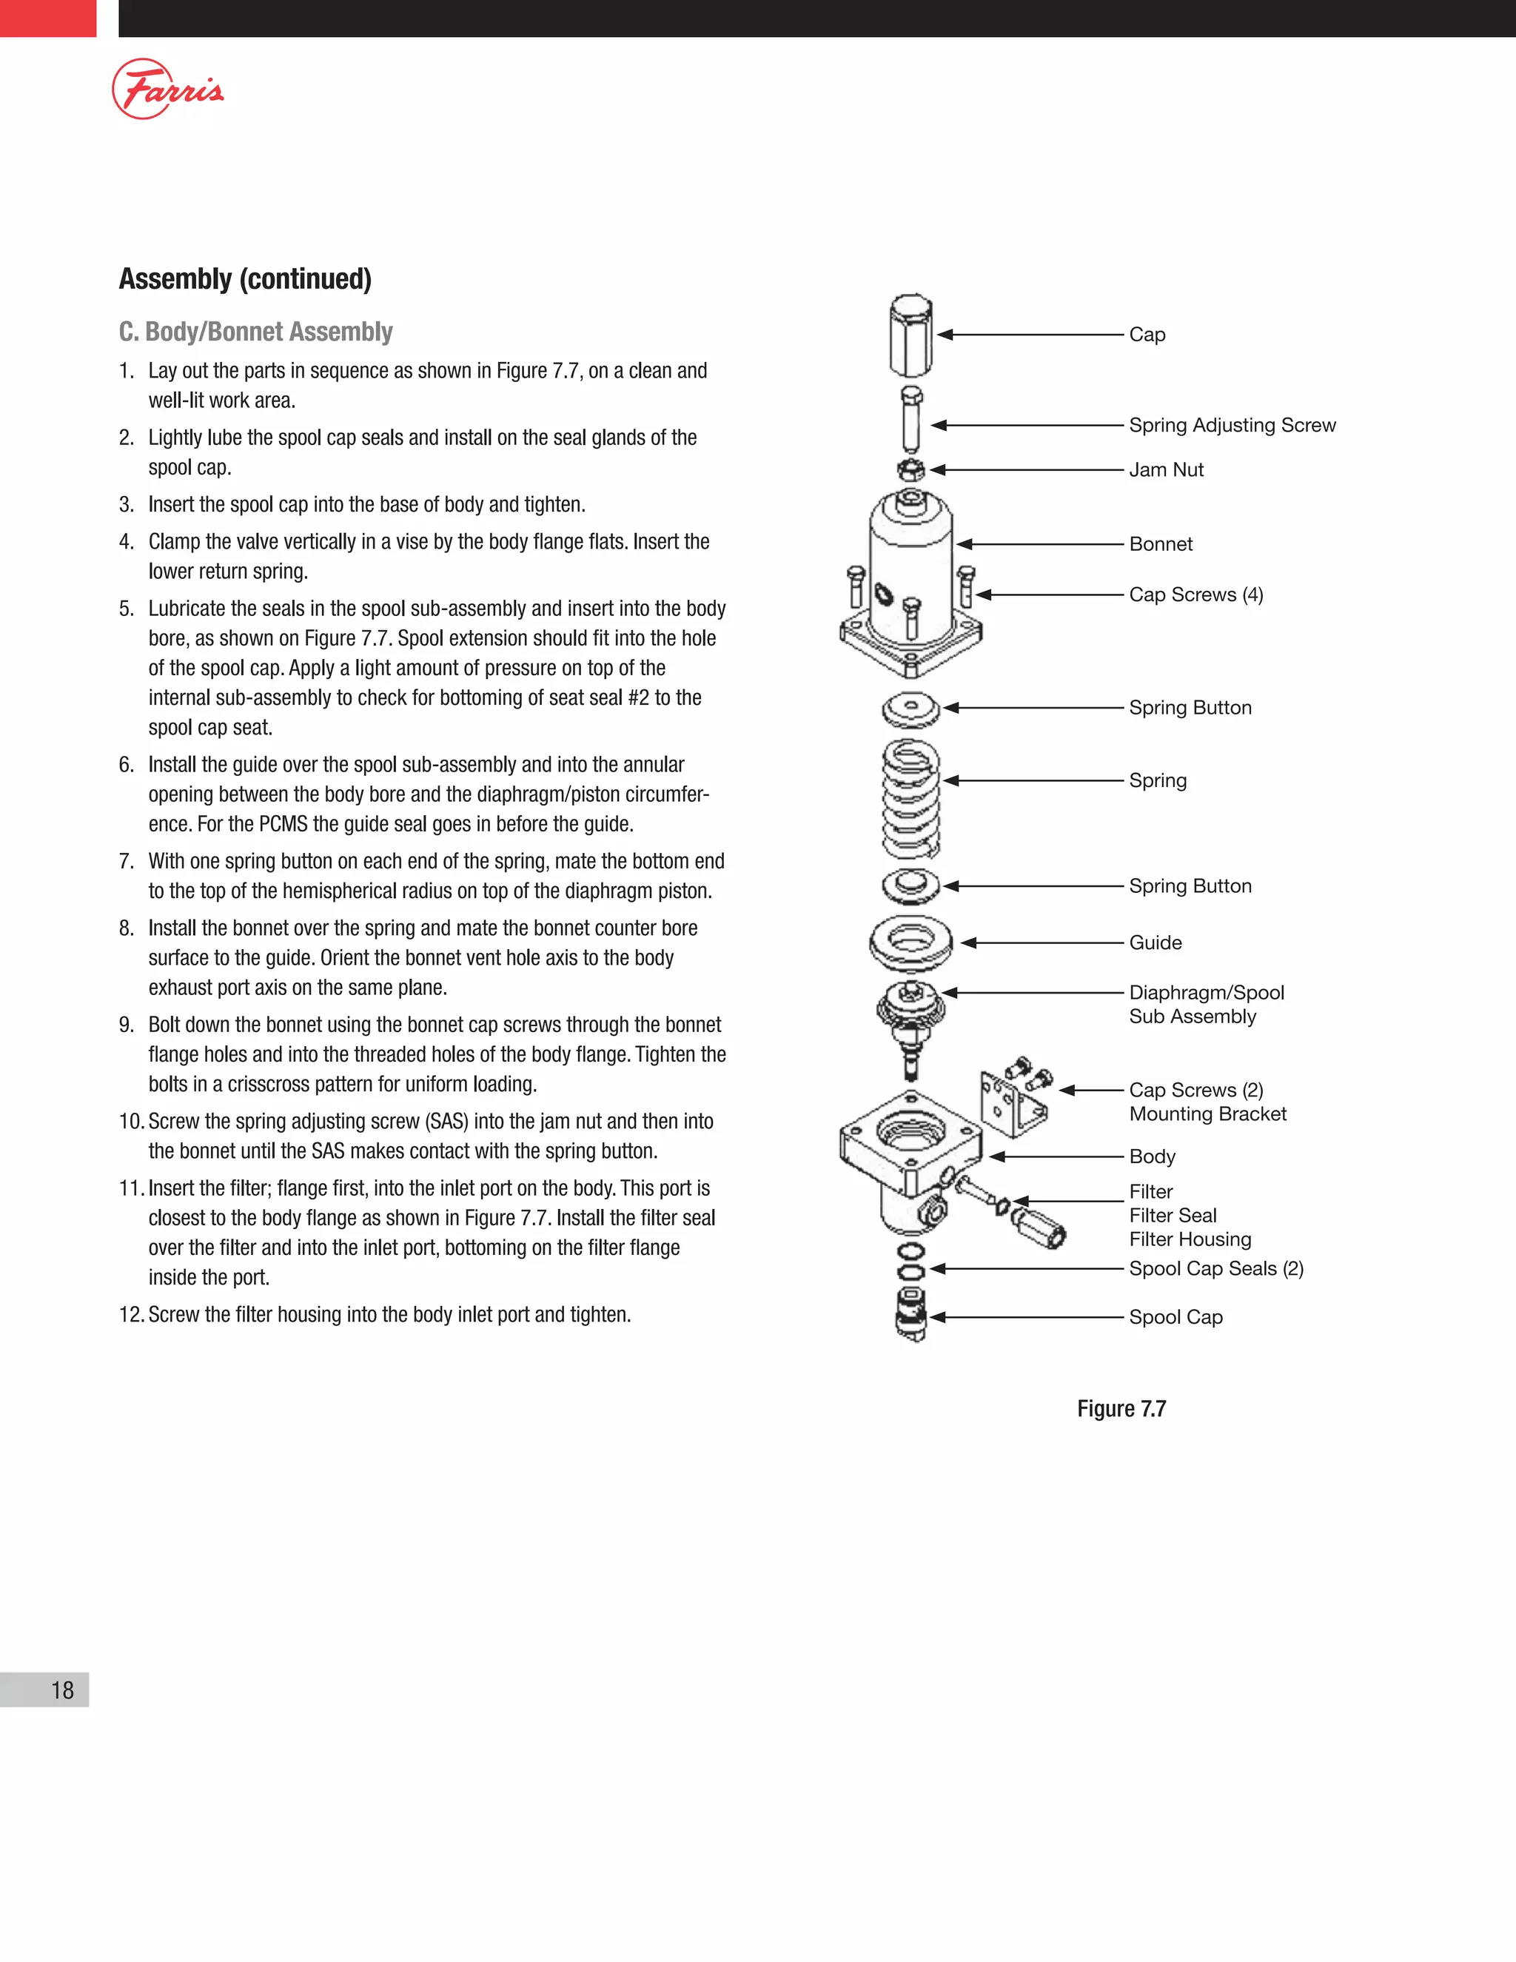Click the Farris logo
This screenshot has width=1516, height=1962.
tap(168, 89)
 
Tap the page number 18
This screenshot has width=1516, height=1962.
tap(62, 1690)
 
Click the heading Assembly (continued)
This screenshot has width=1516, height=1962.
tap(245, 279)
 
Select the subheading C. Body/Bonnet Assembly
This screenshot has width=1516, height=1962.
tap(256, 332)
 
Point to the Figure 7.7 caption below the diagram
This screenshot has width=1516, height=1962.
tap(1121, 1409)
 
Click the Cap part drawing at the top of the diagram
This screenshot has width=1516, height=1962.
tap(910, 335)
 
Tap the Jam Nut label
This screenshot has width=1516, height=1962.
tap(1166, 470)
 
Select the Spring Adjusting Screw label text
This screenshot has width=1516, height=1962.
tap(1231, 425)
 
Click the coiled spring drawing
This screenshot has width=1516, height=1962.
tap(910, 797)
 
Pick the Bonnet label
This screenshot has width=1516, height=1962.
tap(1161, 544)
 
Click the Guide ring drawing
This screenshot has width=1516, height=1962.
tap(910, 943)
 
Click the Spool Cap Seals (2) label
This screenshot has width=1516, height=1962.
tap(1215, 1268)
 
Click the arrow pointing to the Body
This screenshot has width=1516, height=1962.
tap(1056, 1157)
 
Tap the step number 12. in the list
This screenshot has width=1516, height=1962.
tap(131, 1315)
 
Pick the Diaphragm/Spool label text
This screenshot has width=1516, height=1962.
tap(1205, 993)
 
